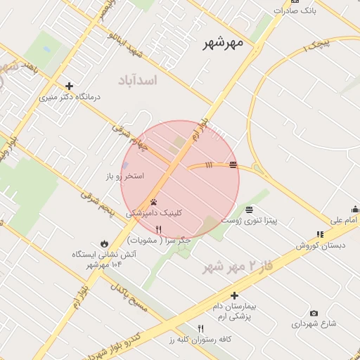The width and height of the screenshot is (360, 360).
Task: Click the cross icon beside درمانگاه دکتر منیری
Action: coord(69,86)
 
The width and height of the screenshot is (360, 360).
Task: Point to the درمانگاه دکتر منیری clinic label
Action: coord(69,98)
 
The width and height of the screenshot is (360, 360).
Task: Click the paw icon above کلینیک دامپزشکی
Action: coord(153,202)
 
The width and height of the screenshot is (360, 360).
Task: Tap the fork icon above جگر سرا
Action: coord(158,229)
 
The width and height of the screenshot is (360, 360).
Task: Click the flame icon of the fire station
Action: coord(104,243)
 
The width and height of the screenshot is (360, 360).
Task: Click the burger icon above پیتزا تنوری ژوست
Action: coord(249,210)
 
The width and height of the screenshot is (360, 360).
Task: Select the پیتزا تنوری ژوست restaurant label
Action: coord(250,220)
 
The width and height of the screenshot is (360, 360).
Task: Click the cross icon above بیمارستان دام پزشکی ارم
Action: coord(234,296)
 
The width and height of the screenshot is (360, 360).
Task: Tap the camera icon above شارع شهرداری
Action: coord(314,313)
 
